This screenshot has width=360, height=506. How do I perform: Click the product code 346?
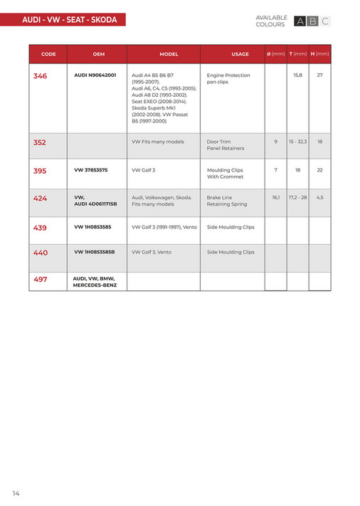tap(41, 75)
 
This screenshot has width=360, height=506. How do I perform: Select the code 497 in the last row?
tap(41, 279)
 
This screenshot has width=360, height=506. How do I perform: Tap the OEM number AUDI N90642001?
tap(95, 75)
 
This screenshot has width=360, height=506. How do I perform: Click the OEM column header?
tap(98, 54)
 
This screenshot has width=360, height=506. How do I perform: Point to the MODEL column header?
tap(169, 54)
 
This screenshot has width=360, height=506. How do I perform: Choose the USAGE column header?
tap(240, 54)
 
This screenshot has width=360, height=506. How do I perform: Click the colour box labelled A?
tap(300, 21)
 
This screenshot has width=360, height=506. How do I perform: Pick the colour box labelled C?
tap(325, 21)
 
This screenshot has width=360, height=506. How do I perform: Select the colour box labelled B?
tap(313, 21)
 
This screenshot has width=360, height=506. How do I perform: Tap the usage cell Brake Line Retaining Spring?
tap(227, 201)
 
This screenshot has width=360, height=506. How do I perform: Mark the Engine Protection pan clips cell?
tap(228, 78)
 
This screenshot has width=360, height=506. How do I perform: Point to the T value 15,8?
tap(297, 75)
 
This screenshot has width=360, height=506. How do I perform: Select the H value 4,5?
tap(320, 197)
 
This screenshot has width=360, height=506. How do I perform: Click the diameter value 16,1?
tap(275, 197)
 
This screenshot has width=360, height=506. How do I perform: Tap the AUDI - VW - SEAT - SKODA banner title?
tap(69, 21)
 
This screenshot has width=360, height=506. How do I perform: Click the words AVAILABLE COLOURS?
tap(271, 21)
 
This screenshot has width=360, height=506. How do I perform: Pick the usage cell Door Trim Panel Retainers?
tap(226, 145)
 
